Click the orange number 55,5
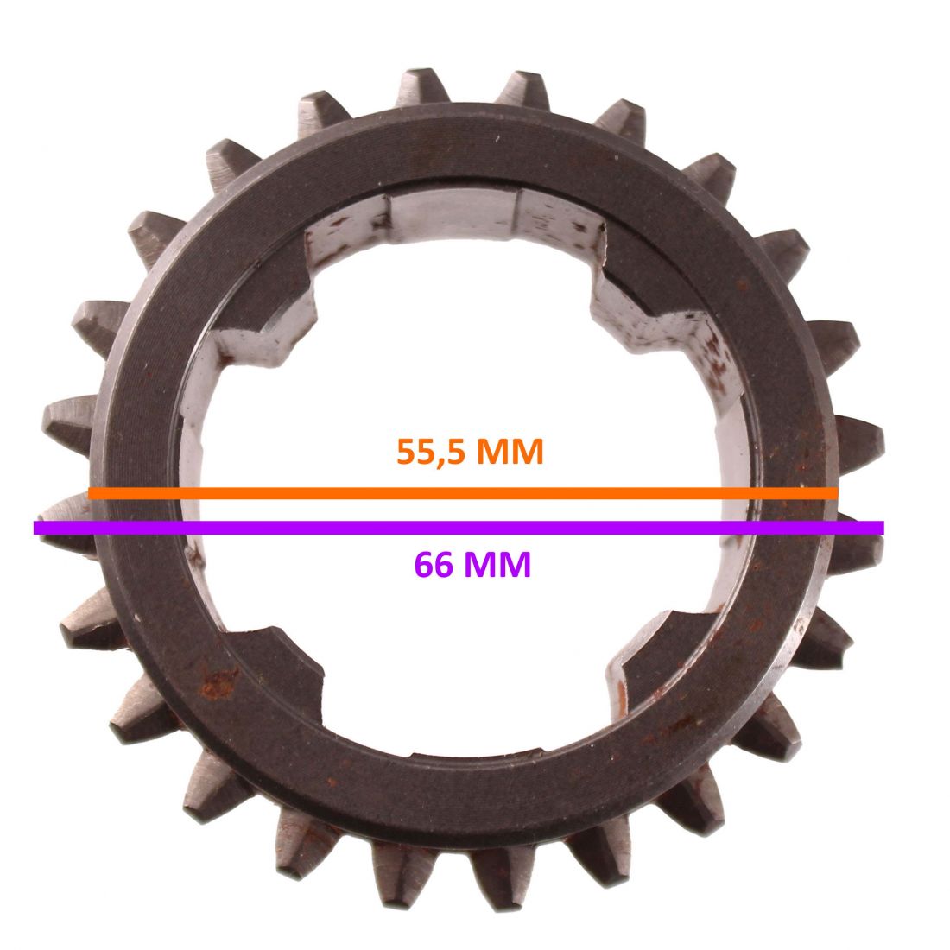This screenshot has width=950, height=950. [x=432, y=452]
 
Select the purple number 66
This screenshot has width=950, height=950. [x=434, y=564]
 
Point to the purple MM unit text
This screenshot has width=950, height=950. [x=497, y=564]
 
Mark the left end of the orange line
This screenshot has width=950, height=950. [x=89, y=493]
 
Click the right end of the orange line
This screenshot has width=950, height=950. [x=838, y=493]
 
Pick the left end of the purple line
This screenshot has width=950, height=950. [x=34, y=528]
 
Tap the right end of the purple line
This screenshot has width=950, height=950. [x=883, y=528]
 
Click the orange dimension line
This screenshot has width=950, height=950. [x=464, y=493]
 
